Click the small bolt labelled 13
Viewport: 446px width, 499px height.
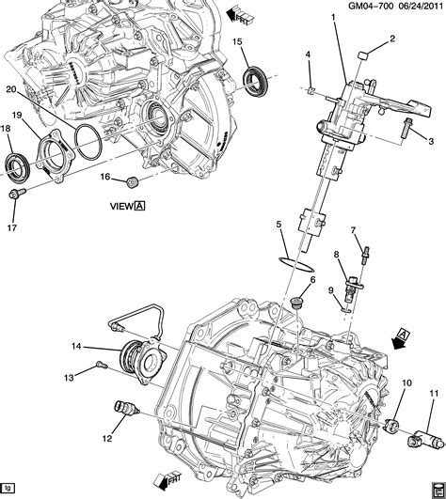coord(99,366)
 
